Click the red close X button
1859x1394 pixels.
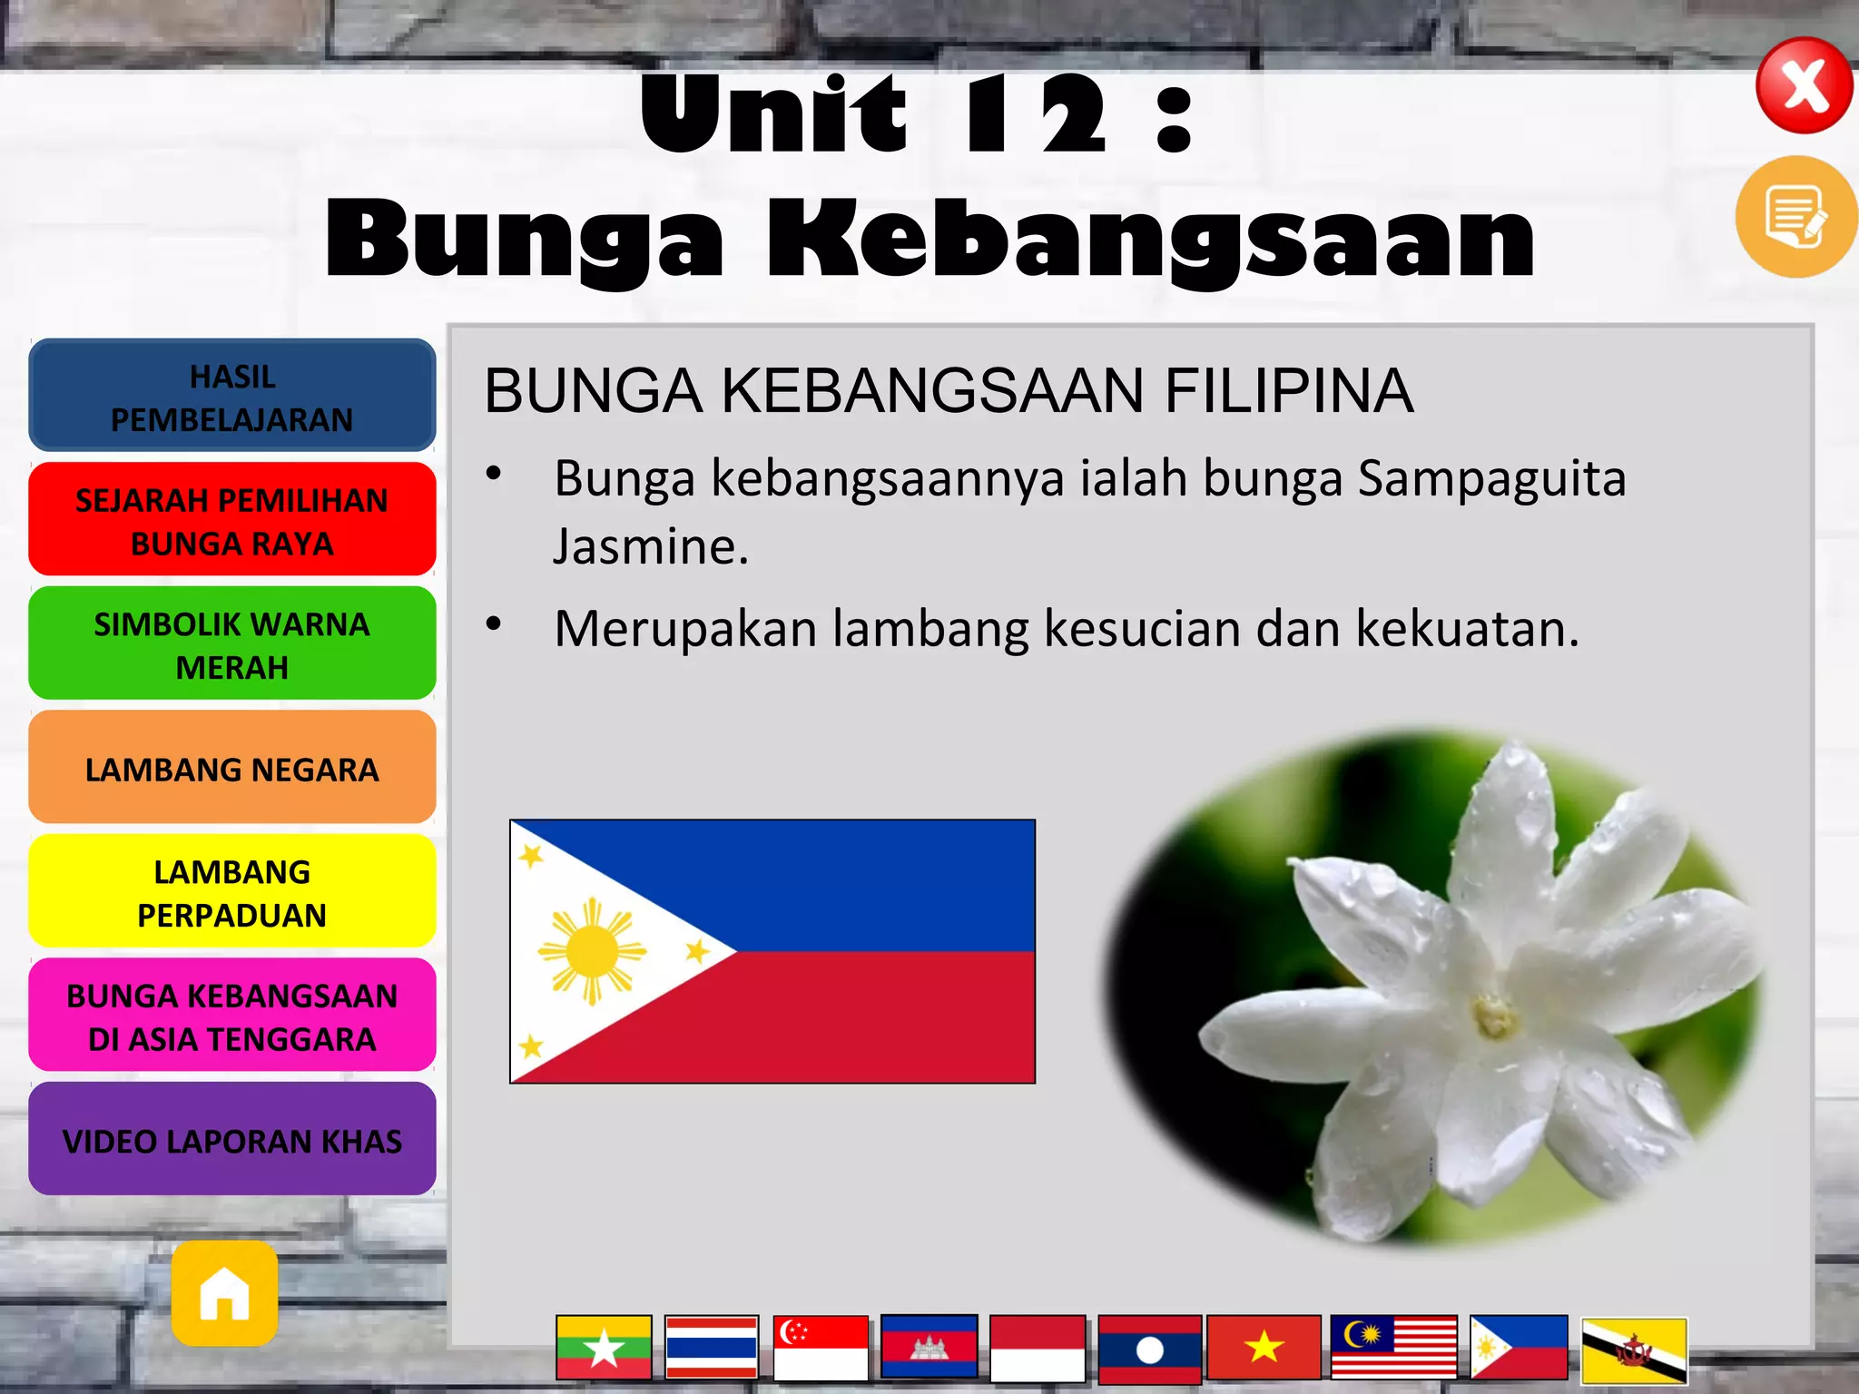click(x=1804, y=86)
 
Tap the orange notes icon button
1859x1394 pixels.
click(x=1795, y=216)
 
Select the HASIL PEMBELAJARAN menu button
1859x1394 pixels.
click(x=232, y=397)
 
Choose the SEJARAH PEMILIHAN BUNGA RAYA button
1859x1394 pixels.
click(x=232, y=520)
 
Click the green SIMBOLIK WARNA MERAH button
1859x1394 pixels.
click(x=232, y=644)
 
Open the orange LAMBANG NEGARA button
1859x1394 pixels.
click(x=232, y=769)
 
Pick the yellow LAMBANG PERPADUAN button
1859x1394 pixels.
click(x=232, y=892)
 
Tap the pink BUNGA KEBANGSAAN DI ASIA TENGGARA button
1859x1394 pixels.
click(x=232, y=1016)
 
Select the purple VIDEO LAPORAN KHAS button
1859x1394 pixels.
click(x=232, y=1140)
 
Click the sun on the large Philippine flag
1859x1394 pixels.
click(x=592, y=951)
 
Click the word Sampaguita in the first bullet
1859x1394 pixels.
click(x=1491, y=479)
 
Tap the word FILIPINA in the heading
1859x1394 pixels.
click(x=1288, y=391)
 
